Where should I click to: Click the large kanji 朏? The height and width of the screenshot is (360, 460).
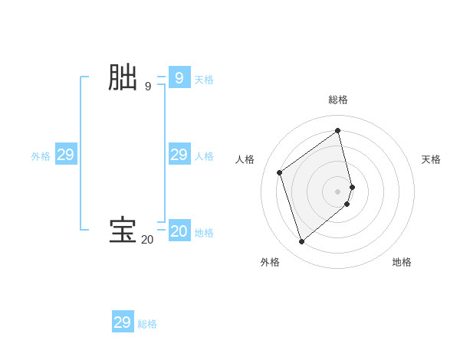(123, 78)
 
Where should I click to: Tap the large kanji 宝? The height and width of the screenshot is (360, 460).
(123, 231)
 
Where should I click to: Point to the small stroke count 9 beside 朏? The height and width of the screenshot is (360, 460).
(147, 87)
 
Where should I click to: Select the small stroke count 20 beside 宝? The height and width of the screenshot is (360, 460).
(147, 240)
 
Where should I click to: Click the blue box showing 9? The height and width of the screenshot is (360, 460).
(179, 78)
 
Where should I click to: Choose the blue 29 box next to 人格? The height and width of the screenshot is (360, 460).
(179, 155)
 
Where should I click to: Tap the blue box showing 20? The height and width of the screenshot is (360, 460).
(179, 231)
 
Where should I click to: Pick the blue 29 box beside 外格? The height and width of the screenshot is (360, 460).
(65, 155)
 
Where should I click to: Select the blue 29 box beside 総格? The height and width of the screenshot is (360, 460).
(123, 322)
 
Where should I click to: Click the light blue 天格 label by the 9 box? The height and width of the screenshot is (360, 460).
(204, 80)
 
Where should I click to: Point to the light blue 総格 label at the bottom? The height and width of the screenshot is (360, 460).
(147, 324)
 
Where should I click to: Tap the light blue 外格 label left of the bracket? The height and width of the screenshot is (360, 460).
(41, 156)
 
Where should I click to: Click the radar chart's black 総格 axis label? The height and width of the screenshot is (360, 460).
(338, 100)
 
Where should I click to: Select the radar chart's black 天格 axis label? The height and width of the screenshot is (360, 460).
(431, 159)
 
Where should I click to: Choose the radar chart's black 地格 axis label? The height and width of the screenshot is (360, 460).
(402, 262)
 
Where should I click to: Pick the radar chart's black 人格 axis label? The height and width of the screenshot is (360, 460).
(245, 159)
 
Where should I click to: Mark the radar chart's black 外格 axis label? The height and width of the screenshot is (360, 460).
(270, 262)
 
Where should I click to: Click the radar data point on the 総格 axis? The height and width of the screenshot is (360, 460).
(338, 130)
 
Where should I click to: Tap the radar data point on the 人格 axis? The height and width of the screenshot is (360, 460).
(280, 172)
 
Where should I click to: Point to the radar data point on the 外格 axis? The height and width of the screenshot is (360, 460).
(301, 242)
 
